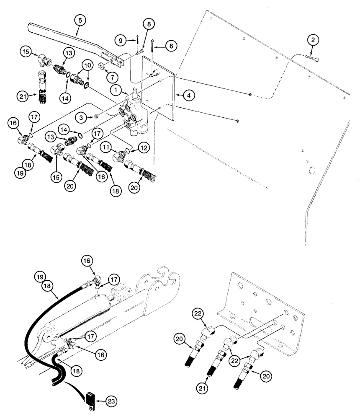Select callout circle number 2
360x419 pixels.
(x=314, y=40)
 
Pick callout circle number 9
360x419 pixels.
(x=121, y=41)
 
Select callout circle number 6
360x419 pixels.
(x=171, y=46)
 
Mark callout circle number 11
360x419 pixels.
(x=106, y=147)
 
